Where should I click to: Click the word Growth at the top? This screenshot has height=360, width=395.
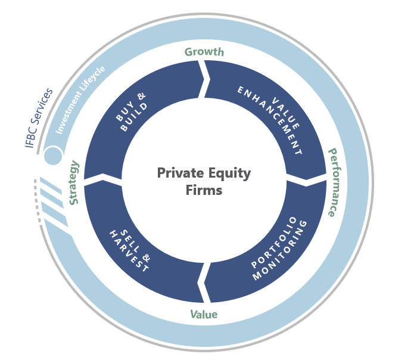(204, 52)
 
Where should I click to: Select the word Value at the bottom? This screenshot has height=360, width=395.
(204, 314)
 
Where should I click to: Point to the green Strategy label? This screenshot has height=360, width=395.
(74, 182)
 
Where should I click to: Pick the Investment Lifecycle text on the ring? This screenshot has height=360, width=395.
(80, 99)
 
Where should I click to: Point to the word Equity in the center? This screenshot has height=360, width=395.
(228, 173)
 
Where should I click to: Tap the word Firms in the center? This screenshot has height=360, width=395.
(204, 191)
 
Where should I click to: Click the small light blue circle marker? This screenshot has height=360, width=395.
(52, 156)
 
